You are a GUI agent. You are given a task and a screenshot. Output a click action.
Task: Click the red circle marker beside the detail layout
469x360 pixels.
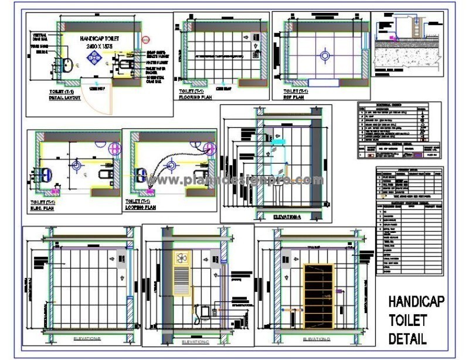click(x=147, y=39)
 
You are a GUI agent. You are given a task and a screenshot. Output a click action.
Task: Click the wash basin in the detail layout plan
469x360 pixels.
click(x=68, y=64)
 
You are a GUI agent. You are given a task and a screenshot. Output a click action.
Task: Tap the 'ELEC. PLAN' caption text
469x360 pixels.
click(x=43, y=207)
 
